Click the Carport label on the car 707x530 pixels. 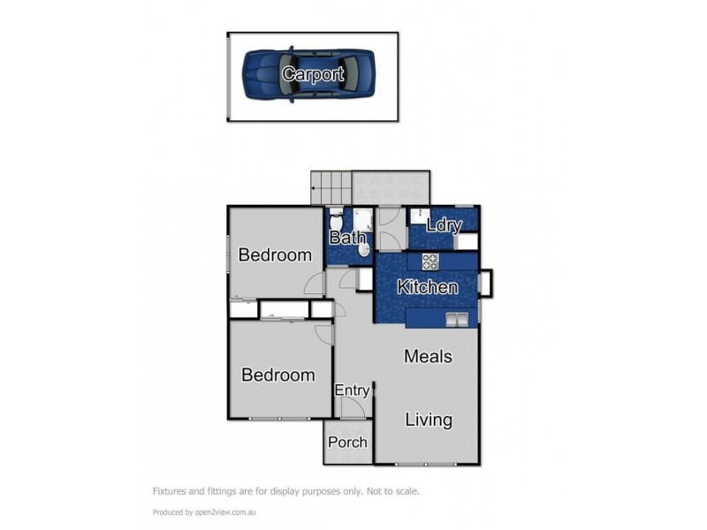pyautogui.click(x=312, y=74)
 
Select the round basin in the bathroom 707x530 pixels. pyautogui.click(x=363, y=250)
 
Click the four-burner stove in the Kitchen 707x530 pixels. pyautogui.click(x=430, y=261)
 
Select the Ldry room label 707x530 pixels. pyautogui.click(x=444, y=225)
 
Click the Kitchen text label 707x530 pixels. pyautogui.click(x=427, y=287)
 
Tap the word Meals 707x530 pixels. pyautogui.click(x=428, y=357)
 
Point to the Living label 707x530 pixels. pyautogui.click(x=429, y=420)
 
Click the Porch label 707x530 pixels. pyautogui.click(x=347, y=442)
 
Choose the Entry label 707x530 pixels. pyautogui.click(x=352, y=390)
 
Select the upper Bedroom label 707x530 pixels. pyautogui.click(x=275, y=255)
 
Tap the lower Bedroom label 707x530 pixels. pyautogui.click(x=278, y=375)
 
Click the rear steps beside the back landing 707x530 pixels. pyautogui.click(x=331, y=187)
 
